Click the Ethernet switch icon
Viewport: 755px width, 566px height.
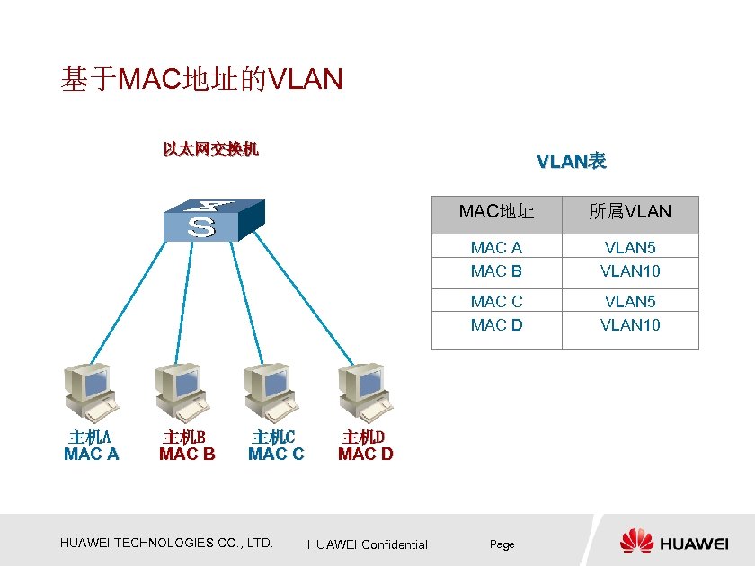[213, 221]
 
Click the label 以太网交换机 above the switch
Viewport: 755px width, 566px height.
[210, 149]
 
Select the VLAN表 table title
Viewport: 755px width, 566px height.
[571, 162]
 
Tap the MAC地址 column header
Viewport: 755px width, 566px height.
[496, 212]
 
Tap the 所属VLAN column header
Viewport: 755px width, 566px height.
[630, 212]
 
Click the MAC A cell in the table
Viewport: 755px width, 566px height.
[496, 247]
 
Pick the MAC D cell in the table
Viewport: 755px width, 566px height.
[496, 324]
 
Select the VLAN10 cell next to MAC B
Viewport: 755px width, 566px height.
[630, 270]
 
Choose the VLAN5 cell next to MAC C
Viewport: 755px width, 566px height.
[630, 301]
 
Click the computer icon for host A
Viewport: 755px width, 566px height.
[90, 392]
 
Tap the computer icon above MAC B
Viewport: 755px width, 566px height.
[182, 392]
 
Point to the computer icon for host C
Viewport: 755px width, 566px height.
[271, 392]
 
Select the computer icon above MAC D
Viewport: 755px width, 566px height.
[364, 392]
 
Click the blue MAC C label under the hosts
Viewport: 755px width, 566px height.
[276, 455]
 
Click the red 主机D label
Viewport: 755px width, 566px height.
[363, 438]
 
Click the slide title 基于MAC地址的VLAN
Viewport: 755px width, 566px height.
[201, 80]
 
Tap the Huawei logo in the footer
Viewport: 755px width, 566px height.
[674, 542]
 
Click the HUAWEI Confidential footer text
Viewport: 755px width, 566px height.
[367, 544]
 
